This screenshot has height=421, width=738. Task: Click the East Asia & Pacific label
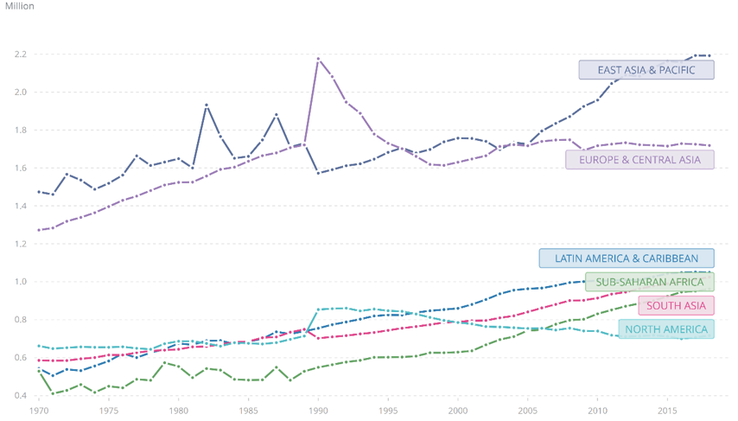click(x=646, y=70)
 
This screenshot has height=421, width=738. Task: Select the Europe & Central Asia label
click(x=639, y=159)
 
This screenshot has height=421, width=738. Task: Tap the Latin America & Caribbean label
click(x=627, y=258)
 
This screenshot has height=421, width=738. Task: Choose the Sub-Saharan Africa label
click(x=649, y=282)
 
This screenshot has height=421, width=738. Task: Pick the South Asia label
click(x=676, y=305)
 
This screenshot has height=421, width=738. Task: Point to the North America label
click(x=665, y=329)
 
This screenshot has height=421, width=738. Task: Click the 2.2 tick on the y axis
click(x=19, y=54)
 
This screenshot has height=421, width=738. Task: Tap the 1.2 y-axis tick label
click(x=19, y=244)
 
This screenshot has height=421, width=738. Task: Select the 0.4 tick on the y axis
click(x=19, y=396)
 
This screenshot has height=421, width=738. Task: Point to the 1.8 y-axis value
click(x=19, y=130)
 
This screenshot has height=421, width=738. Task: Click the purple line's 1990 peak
click(x=319, y=59)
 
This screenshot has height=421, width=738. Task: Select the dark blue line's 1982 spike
click(x=207, y=105)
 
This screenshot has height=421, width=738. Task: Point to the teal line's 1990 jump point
click(x=319, y=309)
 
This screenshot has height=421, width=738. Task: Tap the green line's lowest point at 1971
click(x=53, y=394)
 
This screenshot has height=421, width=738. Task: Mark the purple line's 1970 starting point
click(x=40, y=230)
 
